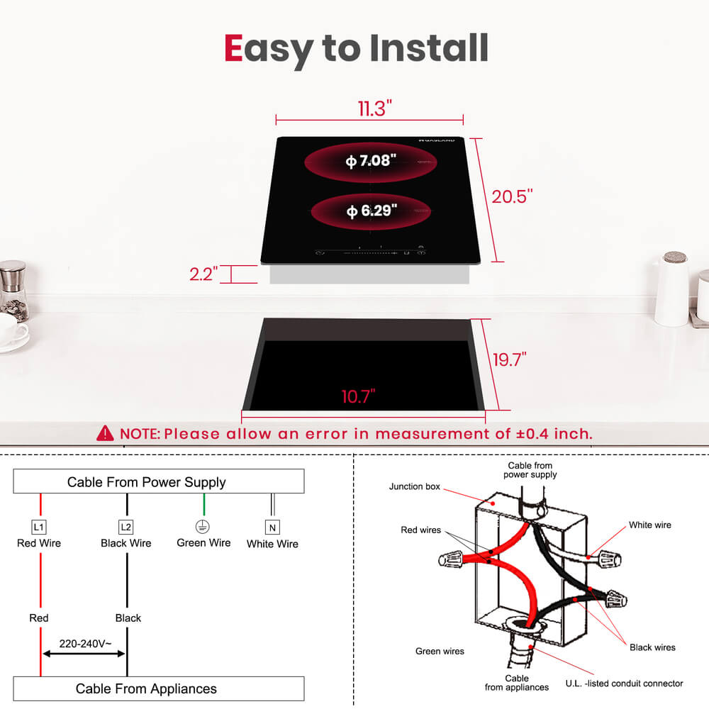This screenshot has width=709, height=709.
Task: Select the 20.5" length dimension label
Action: pyautogui.click(x=512, y=196)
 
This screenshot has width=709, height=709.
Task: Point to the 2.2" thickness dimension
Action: pyautogui.click(x=203, y=274)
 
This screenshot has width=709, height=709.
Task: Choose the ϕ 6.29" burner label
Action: pyautogui.click(x=371, y=211)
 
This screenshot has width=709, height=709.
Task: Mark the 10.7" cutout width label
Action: pyautogui.click(x=358, y=396)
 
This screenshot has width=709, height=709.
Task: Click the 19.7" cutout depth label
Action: pyautogui.click(x=510, y=359)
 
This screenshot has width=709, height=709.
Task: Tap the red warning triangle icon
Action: pyautogui.click(x=105, y=432)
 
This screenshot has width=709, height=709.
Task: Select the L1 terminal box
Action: pyautogui.click(x=39, y=527)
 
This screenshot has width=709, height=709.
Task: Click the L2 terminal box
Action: pyautogui.click(x=126, y=527)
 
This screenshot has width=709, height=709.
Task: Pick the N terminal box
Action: pyautogui.click(x=272, y=527)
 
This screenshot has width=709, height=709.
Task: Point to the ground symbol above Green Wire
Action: pyautogui.click(x=203, y=527)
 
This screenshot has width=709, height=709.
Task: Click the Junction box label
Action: pyautogui.click(x=414, y=487)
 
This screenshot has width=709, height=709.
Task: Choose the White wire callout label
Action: pyautogui.click(x=649, y=525)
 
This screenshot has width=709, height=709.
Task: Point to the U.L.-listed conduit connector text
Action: pyautogui.click(x=624, y=683)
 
